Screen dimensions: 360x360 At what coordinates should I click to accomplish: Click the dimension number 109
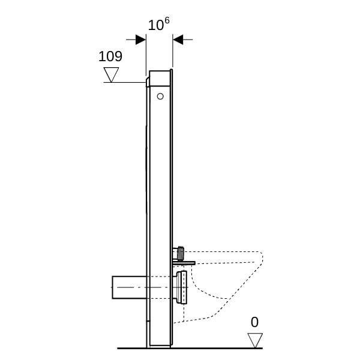click(110, 56)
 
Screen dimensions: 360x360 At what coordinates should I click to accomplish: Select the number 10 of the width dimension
click(155, 25)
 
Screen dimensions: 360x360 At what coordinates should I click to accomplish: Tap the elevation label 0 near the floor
click(254, 322)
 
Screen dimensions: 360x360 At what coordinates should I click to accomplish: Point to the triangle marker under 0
click(255, 340)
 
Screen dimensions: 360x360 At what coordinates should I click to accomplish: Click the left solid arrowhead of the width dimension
click(140, 40)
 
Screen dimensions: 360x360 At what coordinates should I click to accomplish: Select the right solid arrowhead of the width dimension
click(178, 40)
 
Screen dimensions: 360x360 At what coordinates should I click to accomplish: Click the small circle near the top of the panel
click(160, 97)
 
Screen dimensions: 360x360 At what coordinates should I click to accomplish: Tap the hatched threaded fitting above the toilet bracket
click(181, 253)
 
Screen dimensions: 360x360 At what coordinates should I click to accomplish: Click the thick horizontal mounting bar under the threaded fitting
click(184, 263)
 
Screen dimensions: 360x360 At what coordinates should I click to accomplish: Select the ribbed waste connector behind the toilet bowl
click(182, 287)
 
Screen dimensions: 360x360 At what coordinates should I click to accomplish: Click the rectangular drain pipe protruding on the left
click(129, 287)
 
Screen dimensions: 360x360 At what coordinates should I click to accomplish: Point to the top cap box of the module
click(160, 79)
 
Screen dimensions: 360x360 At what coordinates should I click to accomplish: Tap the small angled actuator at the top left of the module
click(147, 82)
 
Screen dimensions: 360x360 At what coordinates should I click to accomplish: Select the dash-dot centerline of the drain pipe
click(149, 287)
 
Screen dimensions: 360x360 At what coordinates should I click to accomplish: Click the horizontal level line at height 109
click(124, 82)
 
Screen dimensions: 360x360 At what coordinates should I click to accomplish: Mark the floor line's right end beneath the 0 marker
click(262, 348)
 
